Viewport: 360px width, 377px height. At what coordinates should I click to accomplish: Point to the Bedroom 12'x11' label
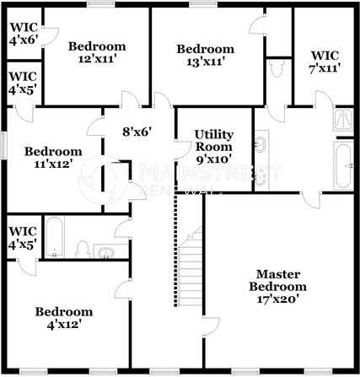click(x=97, y=52)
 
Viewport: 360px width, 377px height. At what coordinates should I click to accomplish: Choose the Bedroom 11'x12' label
click(x=52, y=158)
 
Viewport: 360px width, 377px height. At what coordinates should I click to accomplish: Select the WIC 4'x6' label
click(x=23, y=33)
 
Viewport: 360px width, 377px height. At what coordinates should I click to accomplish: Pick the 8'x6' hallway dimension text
click(x=136, y=132)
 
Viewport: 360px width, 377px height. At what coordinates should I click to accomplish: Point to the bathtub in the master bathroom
click(x=342, y=166)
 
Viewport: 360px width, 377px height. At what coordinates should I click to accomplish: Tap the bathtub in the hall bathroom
click(x=55, y=239)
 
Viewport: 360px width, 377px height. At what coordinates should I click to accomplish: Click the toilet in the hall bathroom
click(x=83, y=249)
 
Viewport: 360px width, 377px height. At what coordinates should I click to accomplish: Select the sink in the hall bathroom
click(x=105, y=250)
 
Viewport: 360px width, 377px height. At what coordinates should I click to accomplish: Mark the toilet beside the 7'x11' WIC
click(x=276, y=71)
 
